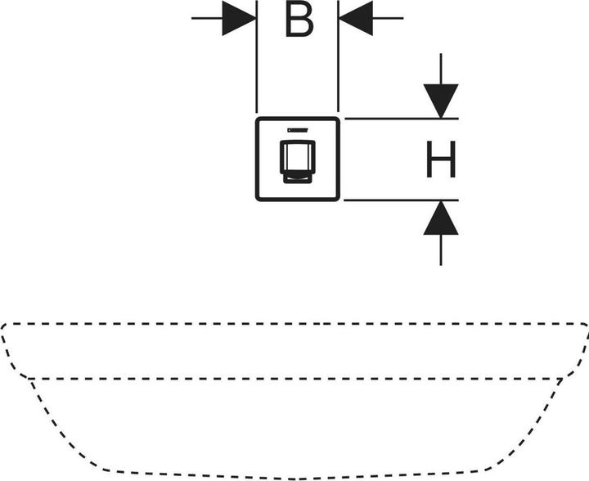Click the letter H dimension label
441,160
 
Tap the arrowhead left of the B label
240,18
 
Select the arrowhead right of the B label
356,18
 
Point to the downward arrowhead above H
441,101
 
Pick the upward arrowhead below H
441,218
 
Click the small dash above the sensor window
297,130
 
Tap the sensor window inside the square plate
298,160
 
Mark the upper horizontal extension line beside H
401,119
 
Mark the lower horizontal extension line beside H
401,200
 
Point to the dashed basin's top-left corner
5,326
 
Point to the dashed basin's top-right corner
584,326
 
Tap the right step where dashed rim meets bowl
561,378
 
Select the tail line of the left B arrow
206,18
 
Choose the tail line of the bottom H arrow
441,249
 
